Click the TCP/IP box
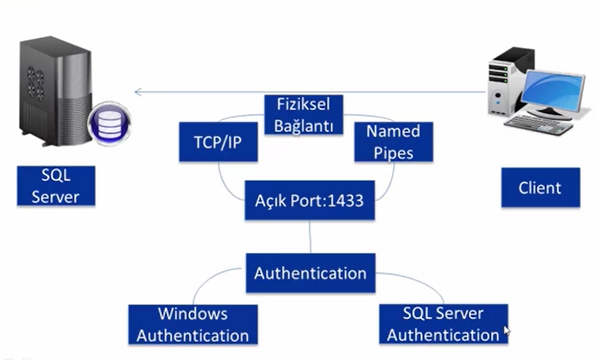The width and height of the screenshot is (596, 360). pos(218,142)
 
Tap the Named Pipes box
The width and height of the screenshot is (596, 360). pos(393,142)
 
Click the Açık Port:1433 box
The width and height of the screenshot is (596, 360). pos(309,201)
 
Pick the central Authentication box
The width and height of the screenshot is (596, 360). pos(310,273)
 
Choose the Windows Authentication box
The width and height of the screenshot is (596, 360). pos(193,325)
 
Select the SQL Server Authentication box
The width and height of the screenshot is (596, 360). pos(443,324)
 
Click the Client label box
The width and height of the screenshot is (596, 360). pos(540,188)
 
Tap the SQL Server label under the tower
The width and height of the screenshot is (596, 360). pos(56,186)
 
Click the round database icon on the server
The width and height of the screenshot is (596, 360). pos(109,123)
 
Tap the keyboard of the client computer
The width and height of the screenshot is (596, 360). pos(539,124)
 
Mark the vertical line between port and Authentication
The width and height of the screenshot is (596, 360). pos(310,237)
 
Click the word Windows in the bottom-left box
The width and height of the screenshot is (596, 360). pos(193,314)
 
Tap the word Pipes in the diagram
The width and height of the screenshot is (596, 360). pos(393,152)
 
